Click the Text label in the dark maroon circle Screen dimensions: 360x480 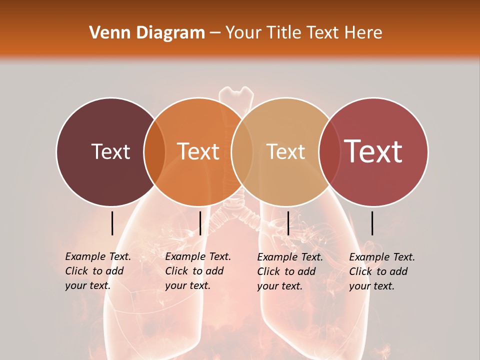click(x=110, y=151)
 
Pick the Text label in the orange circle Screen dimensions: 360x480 click(x=198, y=151)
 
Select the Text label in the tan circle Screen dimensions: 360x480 click(x=285, y=151)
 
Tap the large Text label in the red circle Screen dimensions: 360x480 click(x=373, y=151)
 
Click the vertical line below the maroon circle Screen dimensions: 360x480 click(x=112, y=223)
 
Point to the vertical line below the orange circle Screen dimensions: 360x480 click(x=200, y=223)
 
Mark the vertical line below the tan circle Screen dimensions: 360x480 click(x=288, y=223)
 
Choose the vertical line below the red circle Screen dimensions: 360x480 click(x=372, y=223)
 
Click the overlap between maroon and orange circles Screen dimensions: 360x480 click(x=154, y=152)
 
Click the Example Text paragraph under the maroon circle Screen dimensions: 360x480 click(x=98, y=271)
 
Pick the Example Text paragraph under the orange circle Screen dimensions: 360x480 click(x=198, y=271)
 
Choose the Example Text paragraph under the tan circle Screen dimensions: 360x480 click(x=290, y=271)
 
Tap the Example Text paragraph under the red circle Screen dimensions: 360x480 click(x=382, y=271)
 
